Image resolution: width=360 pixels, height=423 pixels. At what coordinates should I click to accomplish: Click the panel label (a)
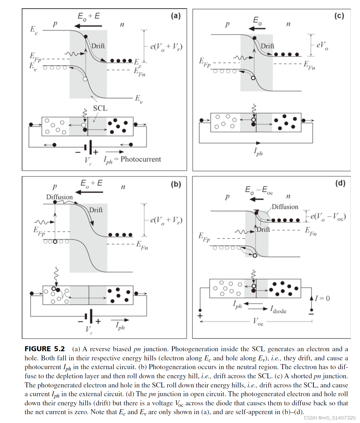coord(176,16)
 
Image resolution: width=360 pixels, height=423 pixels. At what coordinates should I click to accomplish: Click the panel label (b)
coord(176,184)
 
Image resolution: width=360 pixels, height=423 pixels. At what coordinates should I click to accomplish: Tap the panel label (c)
coord(339,16)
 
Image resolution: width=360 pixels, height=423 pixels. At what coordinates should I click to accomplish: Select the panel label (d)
coord(340,183)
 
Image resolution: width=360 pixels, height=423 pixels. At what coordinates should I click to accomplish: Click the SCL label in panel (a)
coord(100,108)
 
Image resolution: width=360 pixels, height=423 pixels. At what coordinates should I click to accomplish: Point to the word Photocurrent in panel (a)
coord(141,159)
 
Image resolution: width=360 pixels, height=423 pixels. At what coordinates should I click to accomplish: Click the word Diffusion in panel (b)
coord(59,197)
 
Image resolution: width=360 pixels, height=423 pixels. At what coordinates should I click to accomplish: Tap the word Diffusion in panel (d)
coord(285,207)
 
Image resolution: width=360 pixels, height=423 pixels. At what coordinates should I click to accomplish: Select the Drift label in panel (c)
coord(267,46)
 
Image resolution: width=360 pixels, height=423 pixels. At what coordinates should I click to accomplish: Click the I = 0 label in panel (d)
coord(322,299)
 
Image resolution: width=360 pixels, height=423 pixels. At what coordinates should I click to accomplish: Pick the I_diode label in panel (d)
coord(278,309)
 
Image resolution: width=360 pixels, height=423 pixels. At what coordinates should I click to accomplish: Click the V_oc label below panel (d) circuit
coord(258,321)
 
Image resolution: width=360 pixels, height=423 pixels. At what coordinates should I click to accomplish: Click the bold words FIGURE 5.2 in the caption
coord(45,349)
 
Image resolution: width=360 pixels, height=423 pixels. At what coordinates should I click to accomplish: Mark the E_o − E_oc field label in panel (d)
coord(259,190)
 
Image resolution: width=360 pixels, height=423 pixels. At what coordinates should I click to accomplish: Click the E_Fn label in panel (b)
coord(142,245)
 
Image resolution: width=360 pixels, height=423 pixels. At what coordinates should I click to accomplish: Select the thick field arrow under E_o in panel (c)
coord(257,29)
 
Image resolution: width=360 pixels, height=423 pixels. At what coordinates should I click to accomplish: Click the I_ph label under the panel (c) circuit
coord(258,152)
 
